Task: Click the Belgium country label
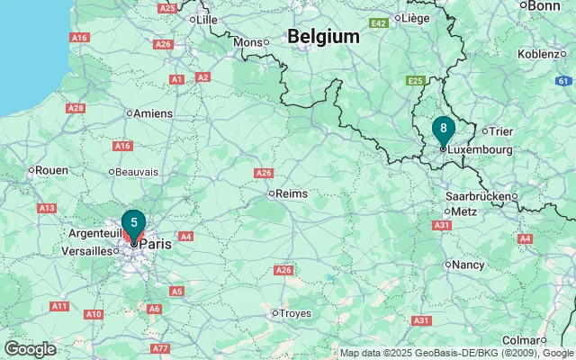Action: [x=323, y=37]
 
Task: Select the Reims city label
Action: [x=292, y=193]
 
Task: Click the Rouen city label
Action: [x=52, y=169]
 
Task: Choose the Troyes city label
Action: [x=295, y=312]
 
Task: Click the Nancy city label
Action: [x=467, y=265]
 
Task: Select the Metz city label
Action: [x=464, y=211]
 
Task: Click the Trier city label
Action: [x=500, y=131]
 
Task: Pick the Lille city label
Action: [x=207, y=18]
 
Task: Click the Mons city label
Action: [x=247, y=42]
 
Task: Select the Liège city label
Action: [x=415, y=18]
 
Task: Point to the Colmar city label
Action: [x=523, y=339]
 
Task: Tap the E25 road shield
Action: [x=415, y=81]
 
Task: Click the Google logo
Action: [x=30, y=349]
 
